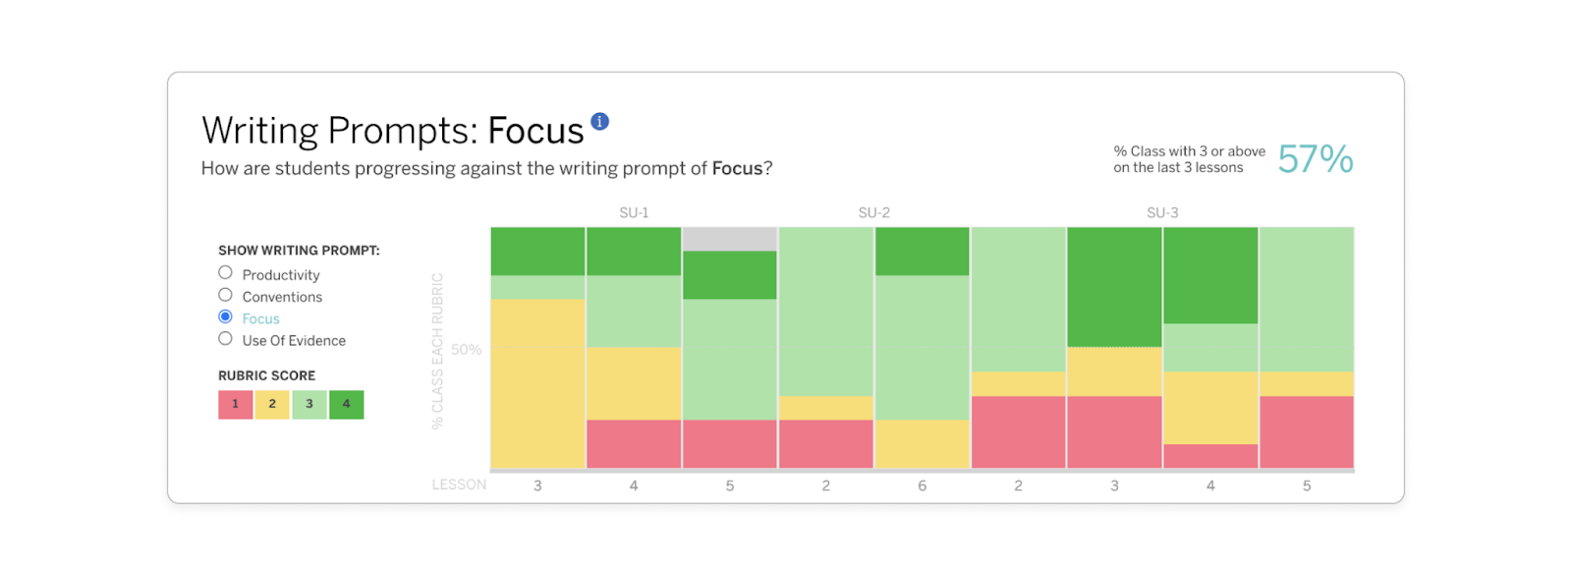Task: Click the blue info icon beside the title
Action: tap(599, 121)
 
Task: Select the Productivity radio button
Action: tap(225, 273)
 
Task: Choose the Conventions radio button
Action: tap(225, 295)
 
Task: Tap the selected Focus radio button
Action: tap(225, 316)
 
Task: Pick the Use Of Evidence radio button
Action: tap(225, 339)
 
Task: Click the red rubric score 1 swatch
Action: tap(236, 404)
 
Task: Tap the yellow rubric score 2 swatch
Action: tap(272, 404)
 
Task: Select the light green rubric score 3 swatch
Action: tap(309, 404)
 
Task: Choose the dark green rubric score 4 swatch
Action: tap(347, 404)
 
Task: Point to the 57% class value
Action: tap(1316, 159)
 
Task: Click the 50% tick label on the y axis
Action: tap(466, 350)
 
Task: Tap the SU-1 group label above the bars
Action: tap(634, 212)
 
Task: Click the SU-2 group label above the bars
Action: tap(873, 212)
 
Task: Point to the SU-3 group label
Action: tap(1162, 212)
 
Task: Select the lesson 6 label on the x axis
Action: tap(922, 486)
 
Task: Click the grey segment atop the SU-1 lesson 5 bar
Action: tap(730, 239)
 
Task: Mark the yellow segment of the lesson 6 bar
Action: tap(922, 444)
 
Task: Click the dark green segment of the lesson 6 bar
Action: tap(922, 252)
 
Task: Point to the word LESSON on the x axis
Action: tap(459, 485)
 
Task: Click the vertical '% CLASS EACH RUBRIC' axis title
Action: tap(437, 351)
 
